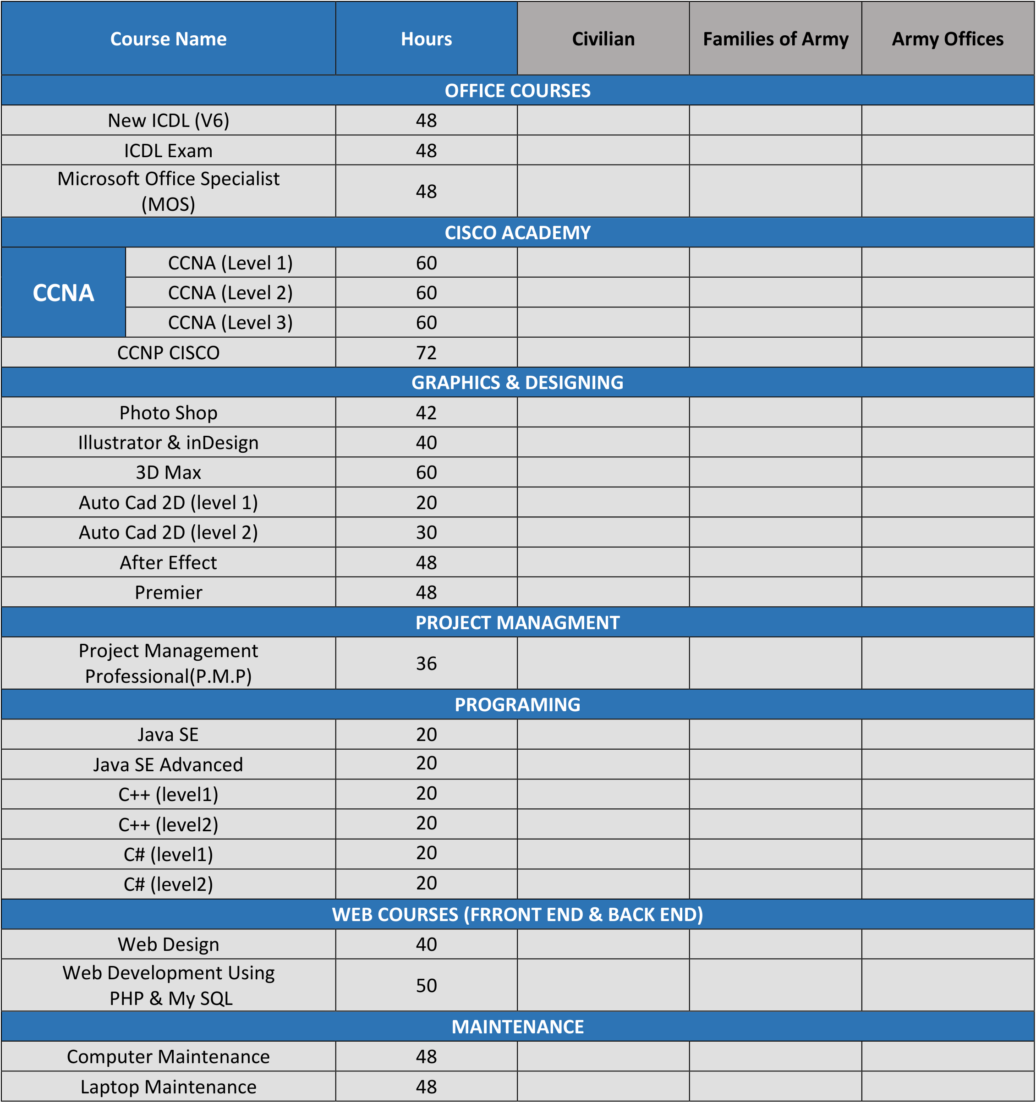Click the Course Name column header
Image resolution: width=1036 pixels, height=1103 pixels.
point(168,39)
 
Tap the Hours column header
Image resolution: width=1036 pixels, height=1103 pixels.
point(426,39)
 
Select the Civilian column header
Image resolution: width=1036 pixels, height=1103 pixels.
point(603,39)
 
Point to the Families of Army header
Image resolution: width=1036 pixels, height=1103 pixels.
point(775,39)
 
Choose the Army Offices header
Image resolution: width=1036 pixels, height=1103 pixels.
point(947,39)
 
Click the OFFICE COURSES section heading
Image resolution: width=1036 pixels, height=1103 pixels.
point(517,90)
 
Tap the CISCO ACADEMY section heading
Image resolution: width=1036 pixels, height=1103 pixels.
point(517,232)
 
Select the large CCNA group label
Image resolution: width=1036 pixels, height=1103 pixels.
point(63,293)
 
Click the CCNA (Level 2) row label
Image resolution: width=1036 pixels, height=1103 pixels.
point(230,293)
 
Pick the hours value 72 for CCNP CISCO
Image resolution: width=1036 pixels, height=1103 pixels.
point(426,353)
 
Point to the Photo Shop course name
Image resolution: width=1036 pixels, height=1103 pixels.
point(168,413)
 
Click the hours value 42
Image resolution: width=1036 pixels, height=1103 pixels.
point(426,413)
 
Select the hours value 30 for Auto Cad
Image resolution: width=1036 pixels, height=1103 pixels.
point(426,532)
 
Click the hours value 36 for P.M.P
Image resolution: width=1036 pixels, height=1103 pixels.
point(426,664)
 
